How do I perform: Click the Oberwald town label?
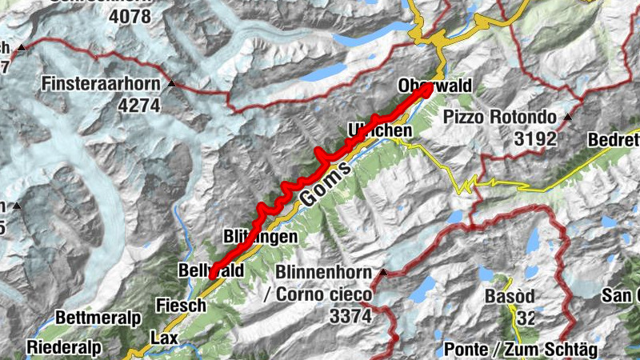(435, 86)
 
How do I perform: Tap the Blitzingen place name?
(261, 237)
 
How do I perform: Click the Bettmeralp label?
(98, 318)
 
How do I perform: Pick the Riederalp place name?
(63, 347)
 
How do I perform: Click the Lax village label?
(164, 338)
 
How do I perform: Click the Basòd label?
(509, 297)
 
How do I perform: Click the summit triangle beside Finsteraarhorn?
(171, 83)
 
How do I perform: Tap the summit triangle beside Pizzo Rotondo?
(567, 118)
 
